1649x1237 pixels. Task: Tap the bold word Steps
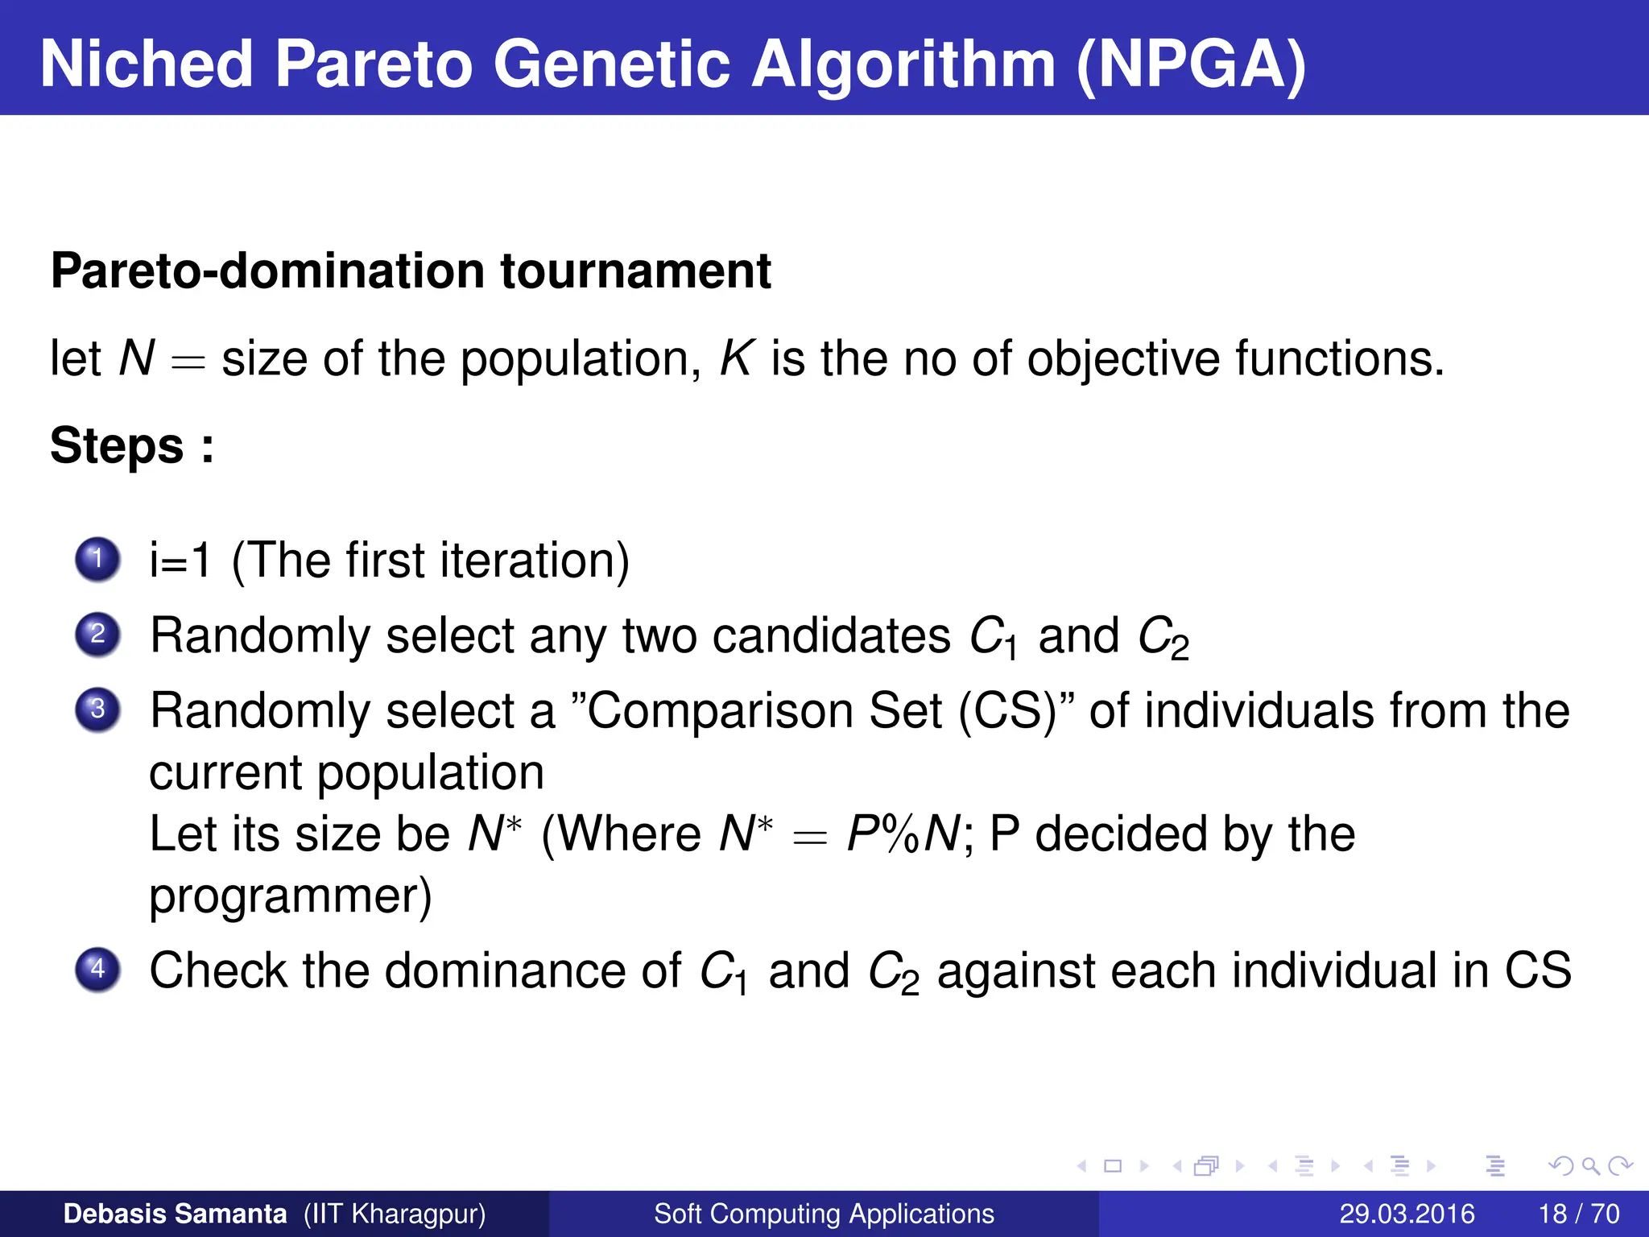coord(118,445)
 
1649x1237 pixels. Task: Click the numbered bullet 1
coord(97,558)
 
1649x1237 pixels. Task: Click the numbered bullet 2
coord(97,634)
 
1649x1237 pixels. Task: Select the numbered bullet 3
coord(97,710)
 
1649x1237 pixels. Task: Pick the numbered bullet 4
coord(97,968)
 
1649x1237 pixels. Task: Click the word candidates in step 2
coord(831,636)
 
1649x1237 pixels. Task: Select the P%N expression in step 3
coord(903,834)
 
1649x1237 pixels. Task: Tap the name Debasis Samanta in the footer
coord(175,1214)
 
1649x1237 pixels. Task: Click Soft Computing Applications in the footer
coord(824,1214)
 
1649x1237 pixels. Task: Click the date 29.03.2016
coord(1407,1214)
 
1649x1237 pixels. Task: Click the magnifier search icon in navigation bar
coord(1590,1166)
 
